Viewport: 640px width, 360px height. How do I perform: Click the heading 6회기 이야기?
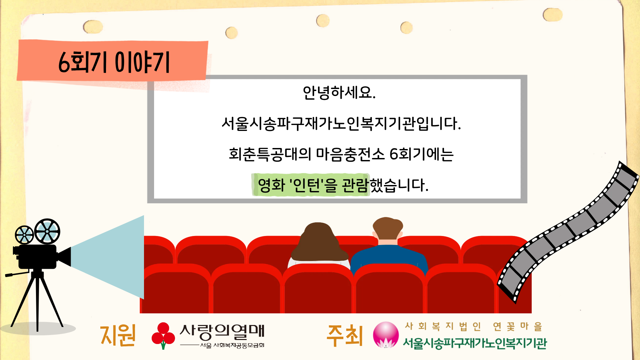(x=114, y=62)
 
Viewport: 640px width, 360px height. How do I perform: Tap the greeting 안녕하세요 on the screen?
(x=339, y=93)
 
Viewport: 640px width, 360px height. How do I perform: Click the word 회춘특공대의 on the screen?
(x=270, y=154)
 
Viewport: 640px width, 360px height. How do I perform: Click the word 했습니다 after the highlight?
(x=399, y=185)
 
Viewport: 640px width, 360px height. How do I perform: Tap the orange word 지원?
(x=118, y=335)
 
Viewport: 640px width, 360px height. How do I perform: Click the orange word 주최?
(x=345, y=335)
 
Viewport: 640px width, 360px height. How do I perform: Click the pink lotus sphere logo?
(x=386, y=335)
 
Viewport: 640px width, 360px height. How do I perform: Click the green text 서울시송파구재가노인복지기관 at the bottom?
(x=475, y=343)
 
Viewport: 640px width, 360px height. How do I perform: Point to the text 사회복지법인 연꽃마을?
(x=474, y=326)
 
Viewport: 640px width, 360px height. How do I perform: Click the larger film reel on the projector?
(x=47, y=231)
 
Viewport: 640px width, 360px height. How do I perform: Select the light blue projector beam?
(x=107, y=257)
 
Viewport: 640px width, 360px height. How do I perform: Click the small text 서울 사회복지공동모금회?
(x=232, y=345)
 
